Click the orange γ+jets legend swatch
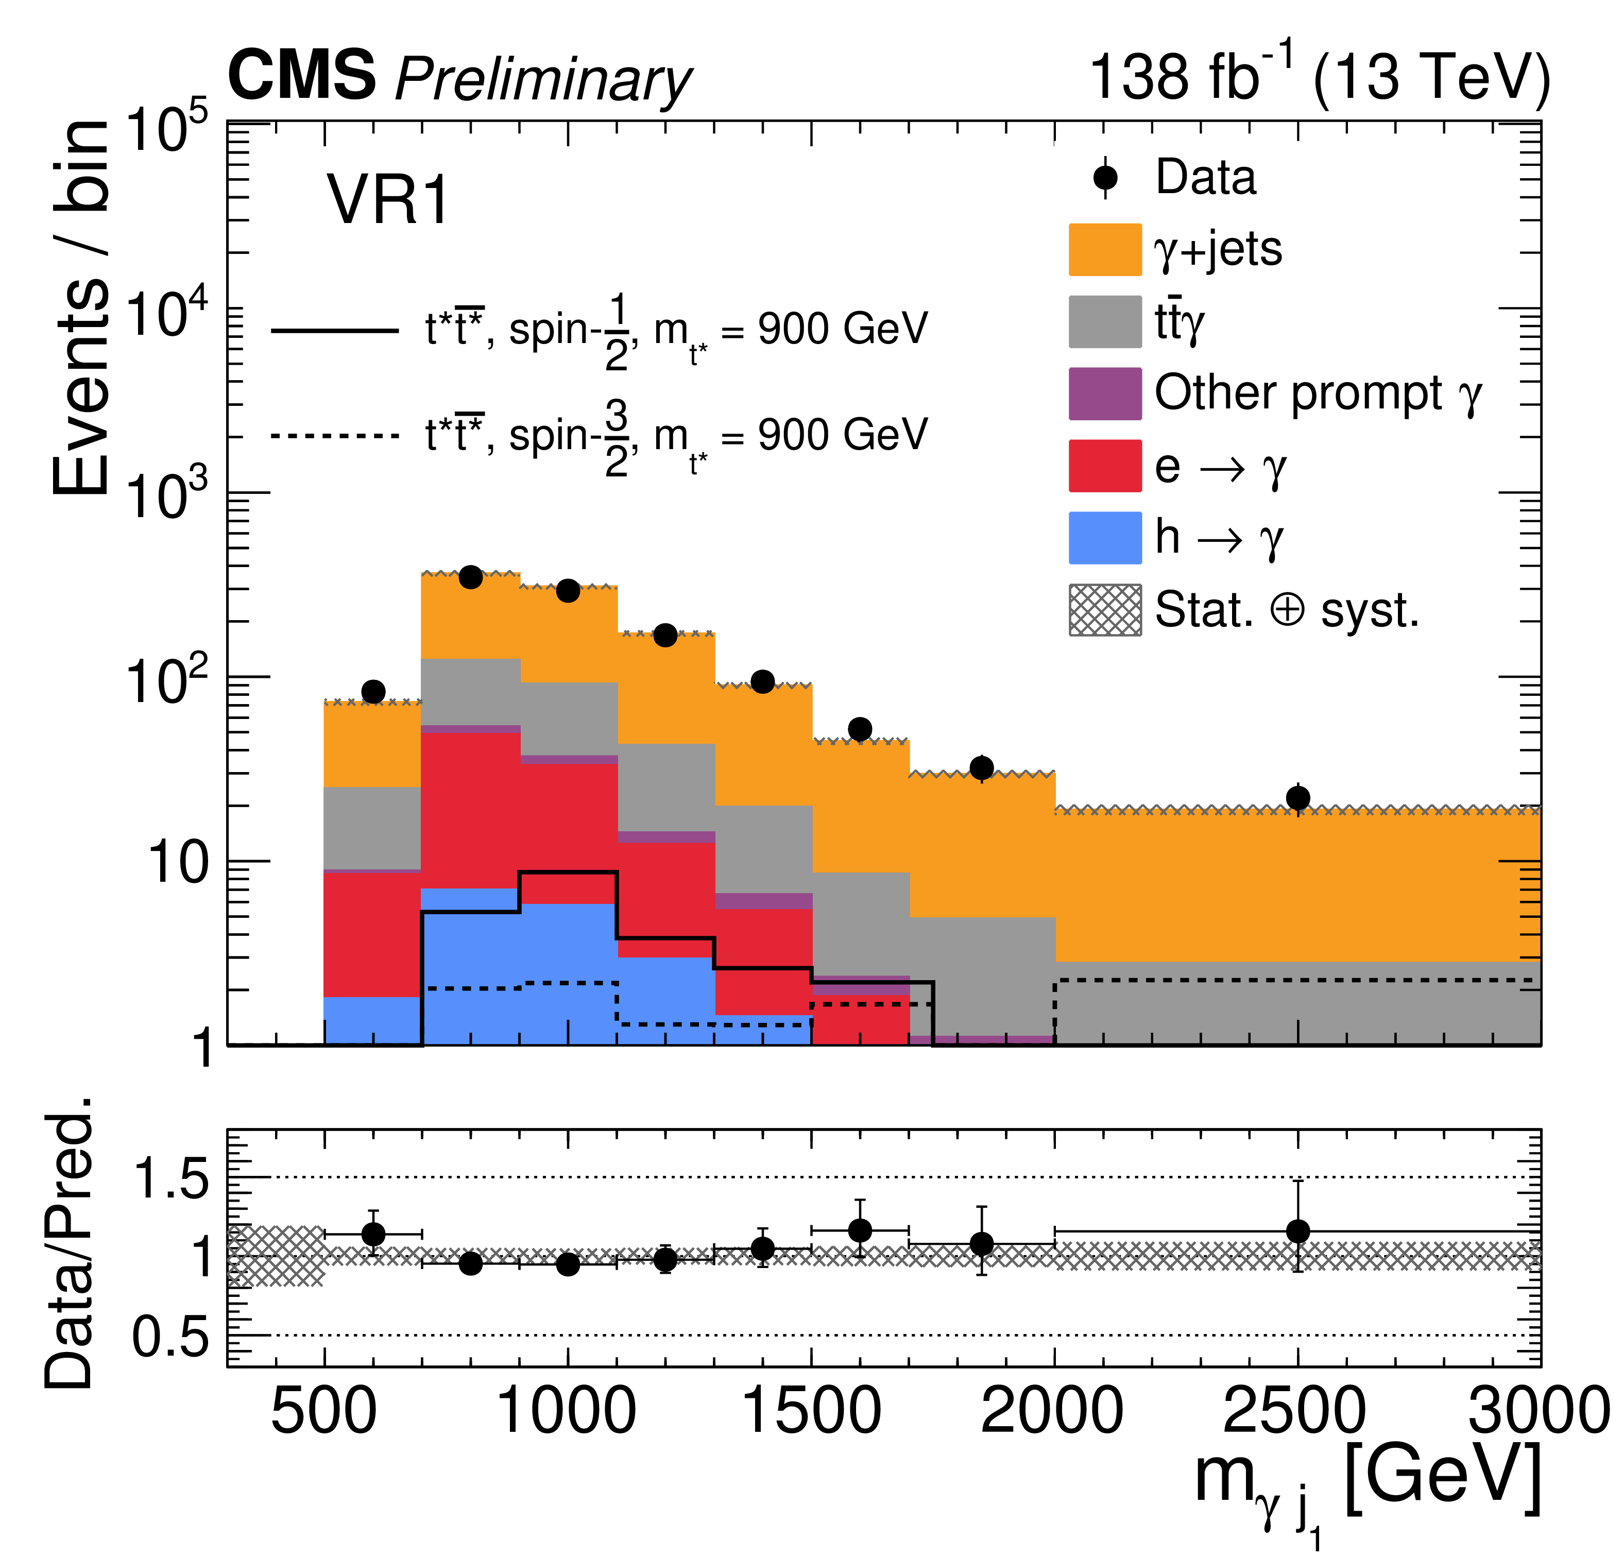tap(1105, 249)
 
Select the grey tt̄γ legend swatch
tap(1105, 321)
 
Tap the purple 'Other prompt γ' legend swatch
tap(1105, 393)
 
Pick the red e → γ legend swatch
tap(1105, 466)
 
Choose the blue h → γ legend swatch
tap(1105, 538)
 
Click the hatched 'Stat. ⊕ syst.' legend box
tap(1105, 609)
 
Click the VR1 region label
tap(387, 200)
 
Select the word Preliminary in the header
tap(542, 80)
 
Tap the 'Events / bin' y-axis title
tap(80, 306)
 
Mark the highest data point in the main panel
tap(470, 577)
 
